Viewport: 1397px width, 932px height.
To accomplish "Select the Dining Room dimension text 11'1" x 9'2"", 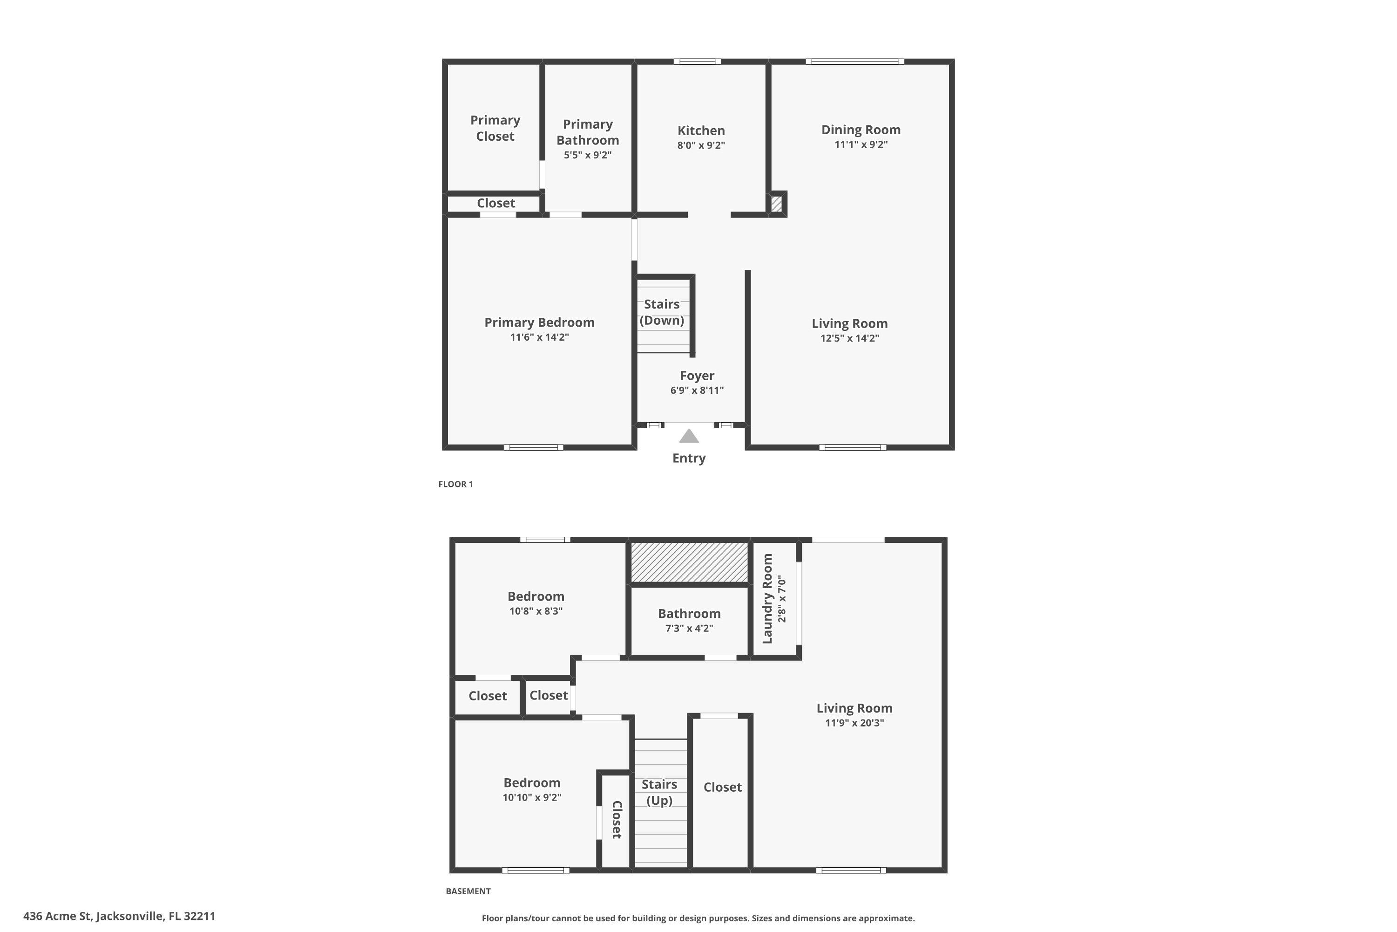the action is pyautogui.click(x=861, y=144).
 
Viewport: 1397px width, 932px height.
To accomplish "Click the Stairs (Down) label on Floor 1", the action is pyautogui.click(x=662, y=313).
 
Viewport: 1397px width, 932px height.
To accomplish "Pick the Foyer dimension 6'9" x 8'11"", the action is pyautogui.click(x=697, y=391).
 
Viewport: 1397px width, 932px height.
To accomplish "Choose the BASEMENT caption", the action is pyautogui.click(x=468, y=891).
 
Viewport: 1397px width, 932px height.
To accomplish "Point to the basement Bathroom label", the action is pyautogui.click(x=689, y=613).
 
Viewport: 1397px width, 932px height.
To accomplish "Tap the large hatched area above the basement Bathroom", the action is pyautogui.click(x=689, y=562).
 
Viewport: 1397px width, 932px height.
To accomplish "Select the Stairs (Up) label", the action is pyautogui.click(x=659, y=792).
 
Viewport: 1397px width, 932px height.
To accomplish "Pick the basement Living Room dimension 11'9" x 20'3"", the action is pyautogui.click(x=854, y=723).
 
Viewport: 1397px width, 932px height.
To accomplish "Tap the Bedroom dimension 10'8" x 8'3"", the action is pyautogui.click(x=536, y=611).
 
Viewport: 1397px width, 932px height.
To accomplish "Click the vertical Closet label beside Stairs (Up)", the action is pyautogui.click(x=617, y=820).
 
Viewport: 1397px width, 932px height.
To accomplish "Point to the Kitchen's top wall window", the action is pyautogui.click(x=697, y=61).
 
